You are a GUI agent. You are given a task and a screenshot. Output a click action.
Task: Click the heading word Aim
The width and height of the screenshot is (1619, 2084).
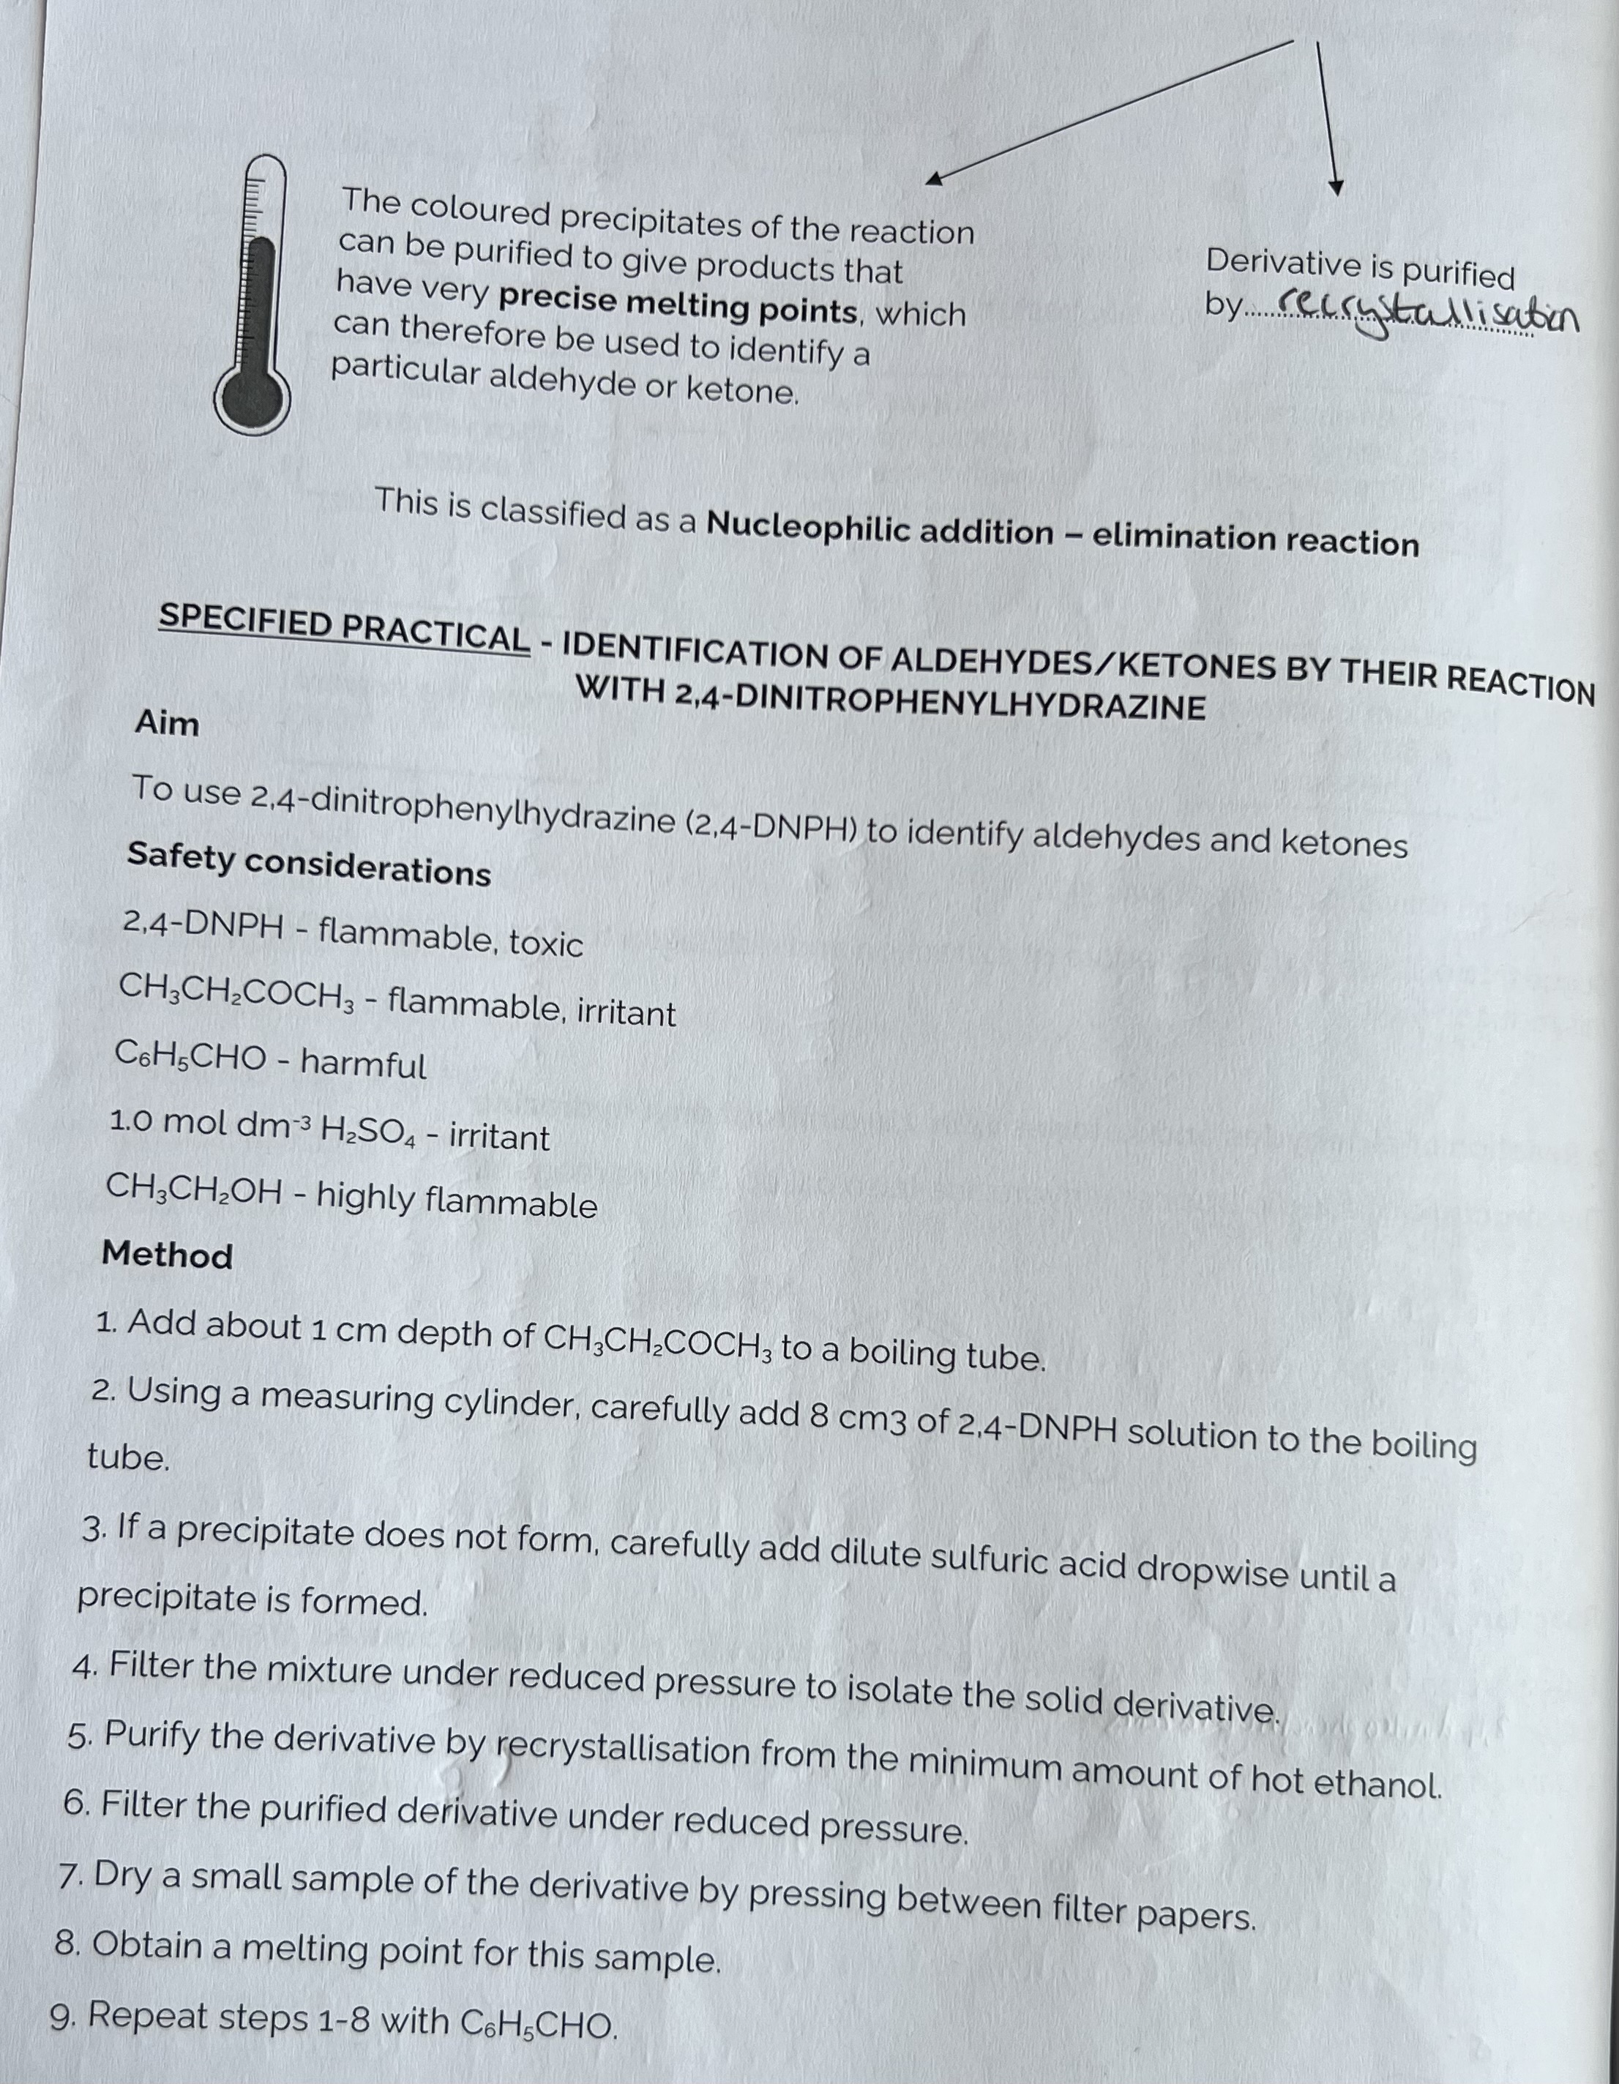tap(167, 723)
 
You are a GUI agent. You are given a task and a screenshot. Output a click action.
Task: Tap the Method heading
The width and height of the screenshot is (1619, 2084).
tap(167, 1254)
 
